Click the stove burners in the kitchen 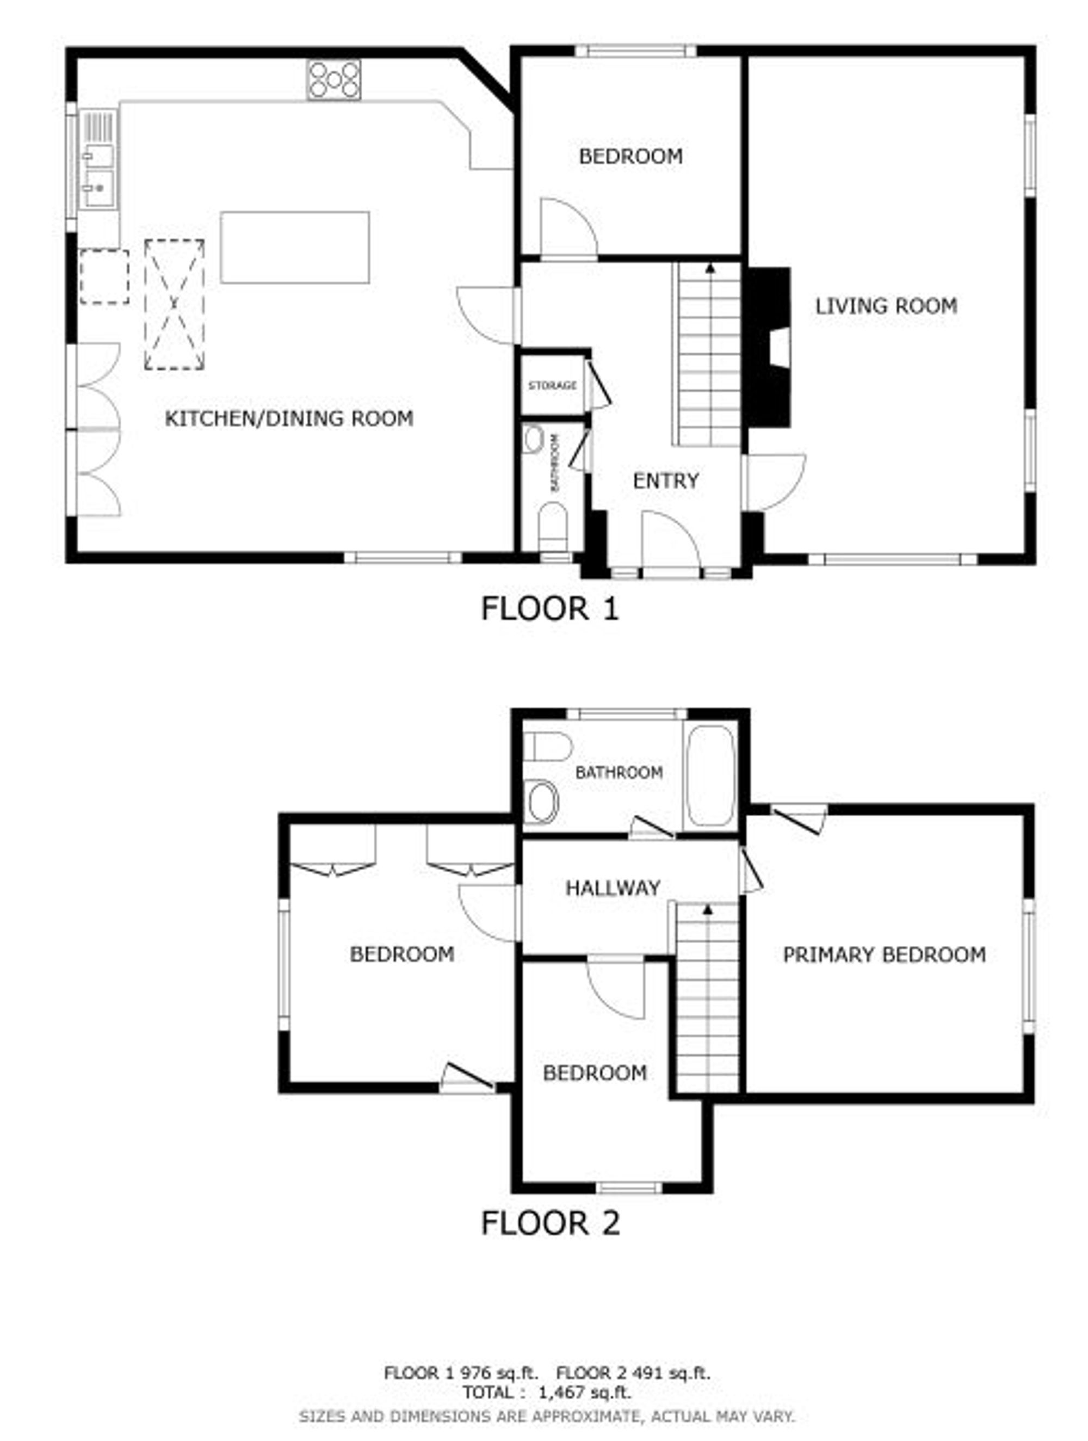pos(333,79)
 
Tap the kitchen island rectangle pos(295,247)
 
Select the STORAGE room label pos(552,386)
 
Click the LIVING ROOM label pos(886,305)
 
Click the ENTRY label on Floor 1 pos(665,481)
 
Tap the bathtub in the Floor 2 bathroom pos(710,775)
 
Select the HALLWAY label pos(613,887)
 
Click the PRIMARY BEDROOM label pos(883,955)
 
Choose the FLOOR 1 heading pos(549,608)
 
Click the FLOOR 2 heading pos(550,1223)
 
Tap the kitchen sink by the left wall pos(98,159)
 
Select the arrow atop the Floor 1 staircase pos(710,267)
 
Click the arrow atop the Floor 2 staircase pos(708,908)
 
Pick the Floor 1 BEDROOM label pos(630,156)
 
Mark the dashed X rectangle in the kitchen pos(174,305)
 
